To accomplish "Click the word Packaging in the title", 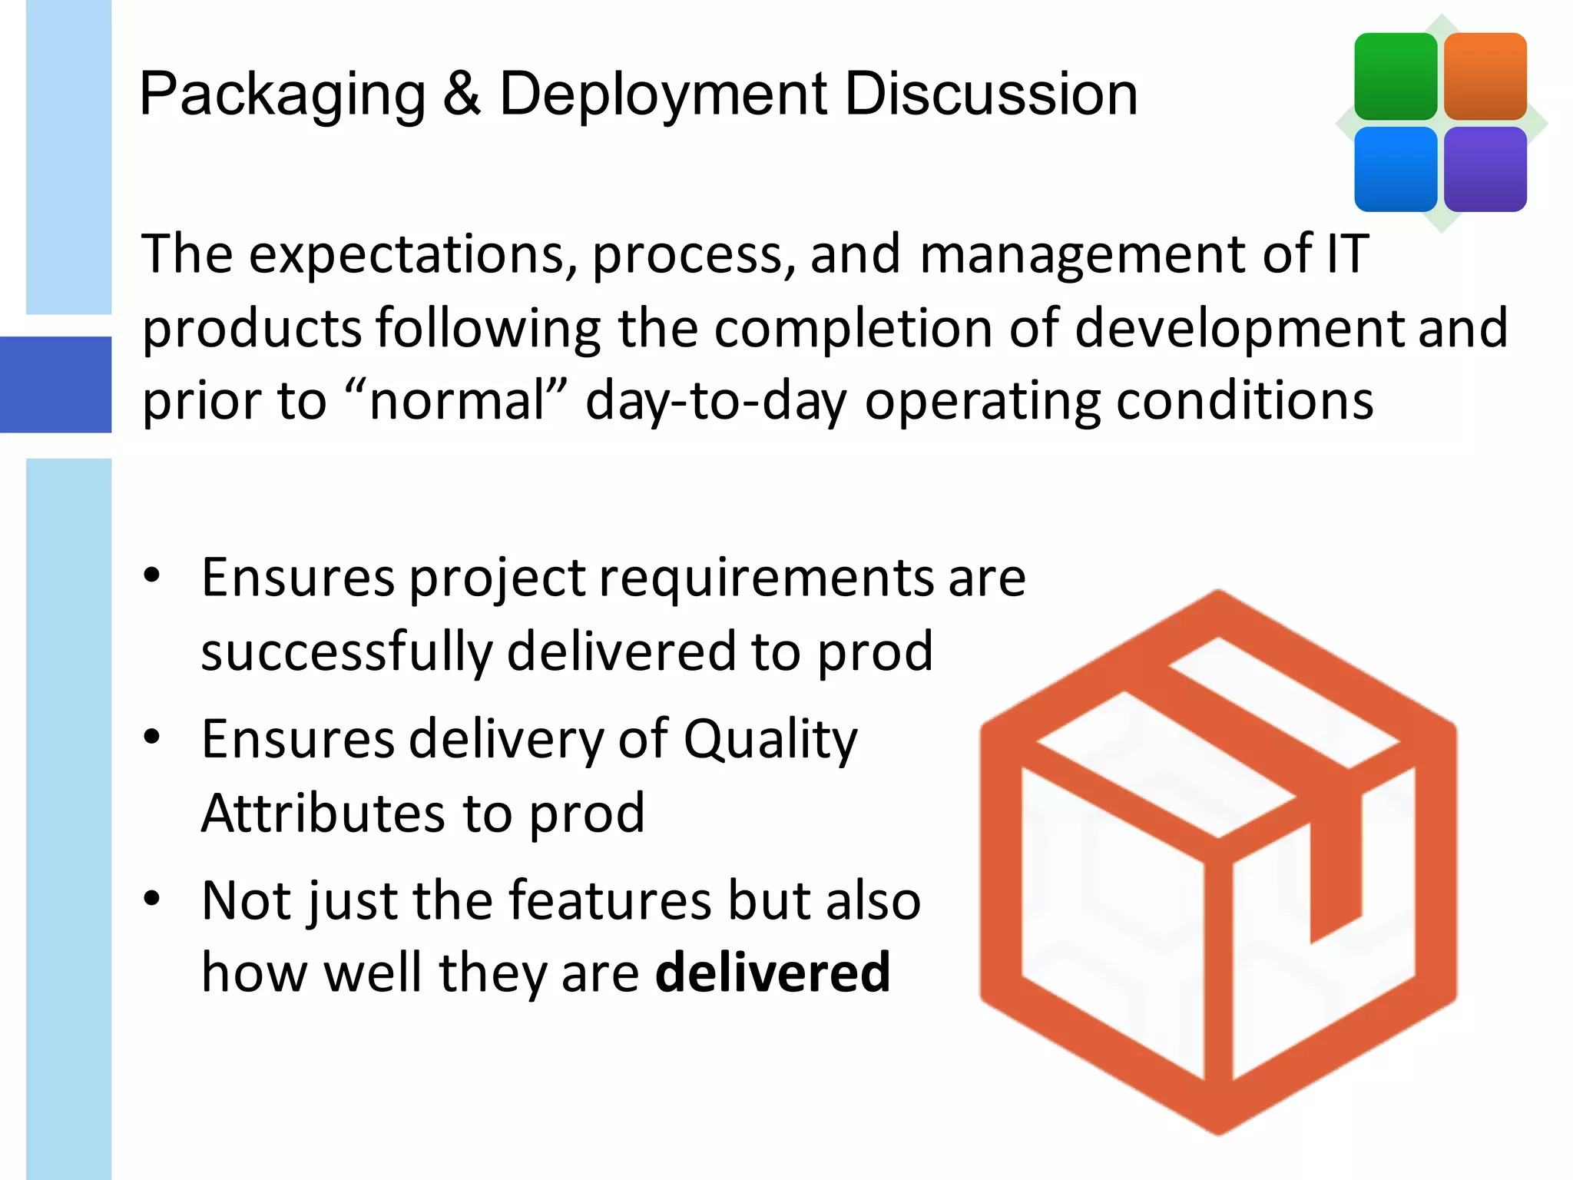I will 282,95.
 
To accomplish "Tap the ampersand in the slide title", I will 462,94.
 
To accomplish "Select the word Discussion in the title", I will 991,94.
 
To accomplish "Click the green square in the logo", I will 1395,76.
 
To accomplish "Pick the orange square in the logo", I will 1485,76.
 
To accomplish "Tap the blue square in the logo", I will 1395,169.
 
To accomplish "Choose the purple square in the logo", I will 1485,169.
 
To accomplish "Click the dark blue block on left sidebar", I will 55,384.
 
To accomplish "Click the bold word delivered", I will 772,973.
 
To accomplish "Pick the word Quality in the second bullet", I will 770,740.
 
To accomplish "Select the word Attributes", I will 323,813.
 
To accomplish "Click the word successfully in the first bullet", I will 346,651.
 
